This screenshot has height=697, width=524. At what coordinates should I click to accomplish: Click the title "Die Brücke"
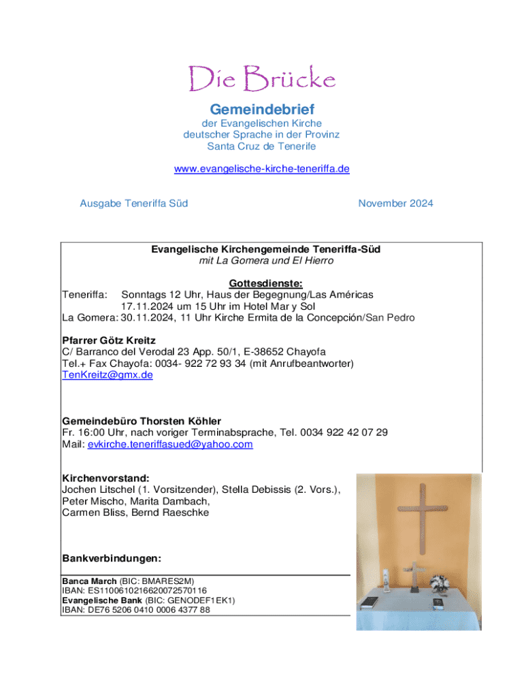pos(261,79)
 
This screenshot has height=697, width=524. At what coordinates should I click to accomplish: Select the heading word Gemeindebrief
pos(261,109)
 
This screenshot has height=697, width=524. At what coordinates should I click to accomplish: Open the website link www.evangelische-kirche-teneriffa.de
pos(261,168)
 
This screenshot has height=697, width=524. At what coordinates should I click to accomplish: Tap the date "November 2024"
pos(395,204)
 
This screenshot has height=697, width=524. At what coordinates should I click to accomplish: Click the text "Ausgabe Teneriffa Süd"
pos(134,204)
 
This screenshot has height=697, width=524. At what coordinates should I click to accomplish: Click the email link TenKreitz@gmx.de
pos(108,375)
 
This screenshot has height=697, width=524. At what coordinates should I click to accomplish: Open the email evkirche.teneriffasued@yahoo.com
pos(170,444)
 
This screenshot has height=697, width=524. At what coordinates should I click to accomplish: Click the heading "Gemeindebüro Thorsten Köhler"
pos(142,421)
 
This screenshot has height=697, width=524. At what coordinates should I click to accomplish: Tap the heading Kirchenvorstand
pos(105,479)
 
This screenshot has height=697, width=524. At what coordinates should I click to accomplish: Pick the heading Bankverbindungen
pos(112,559)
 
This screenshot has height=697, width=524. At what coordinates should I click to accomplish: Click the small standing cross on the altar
pos(414,576)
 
